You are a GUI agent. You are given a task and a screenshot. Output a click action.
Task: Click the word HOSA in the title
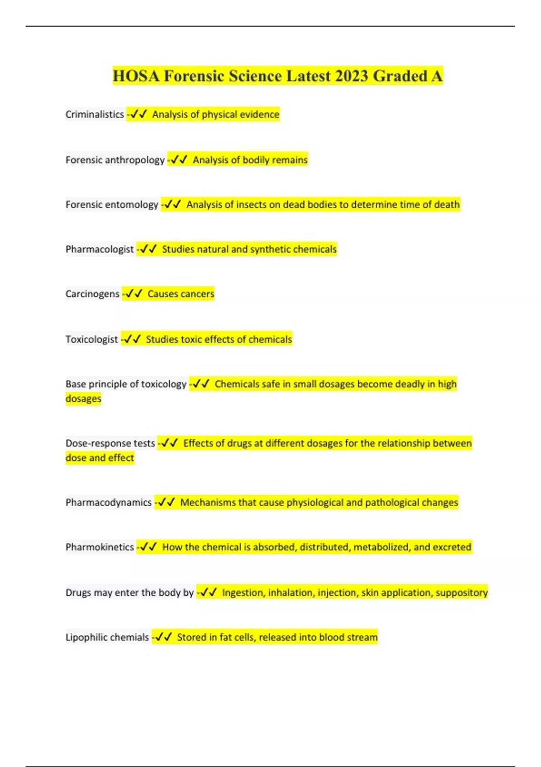[x=136, y=76]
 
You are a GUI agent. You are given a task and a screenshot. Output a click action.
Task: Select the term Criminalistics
[x=95, y=115]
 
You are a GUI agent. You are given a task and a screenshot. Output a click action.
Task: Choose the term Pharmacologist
[x=100, y=249]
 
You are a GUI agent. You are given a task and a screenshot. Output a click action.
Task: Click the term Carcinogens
[x=92, y=294]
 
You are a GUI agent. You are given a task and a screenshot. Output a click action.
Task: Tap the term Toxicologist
[x=92, y=339]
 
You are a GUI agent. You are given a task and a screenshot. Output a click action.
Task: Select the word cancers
[x=197, y=294]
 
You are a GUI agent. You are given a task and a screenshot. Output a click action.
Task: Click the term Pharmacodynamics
[x=109, y=502]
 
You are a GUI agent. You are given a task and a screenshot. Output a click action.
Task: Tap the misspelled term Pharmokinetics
[x=100, y=547]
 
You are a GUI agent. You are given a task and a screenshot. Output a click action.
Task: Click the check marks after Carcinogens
[x=134, y=294]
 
